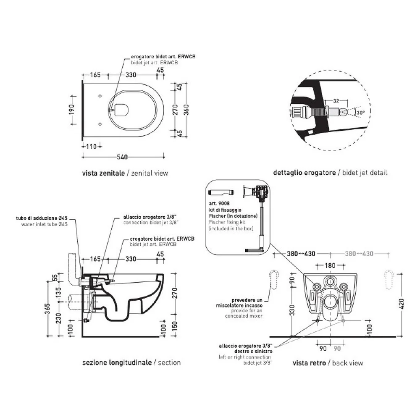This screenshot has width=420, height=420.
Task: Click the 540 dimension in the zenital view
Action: coord(122,157)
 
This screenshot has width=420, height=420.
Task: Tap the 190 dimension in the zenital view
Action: coord(72,110)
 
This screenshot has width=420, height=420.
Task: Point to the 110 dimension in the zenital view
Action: coord(91,147)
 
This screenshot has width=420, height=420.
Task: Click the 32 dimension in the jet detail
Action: coord(336,101)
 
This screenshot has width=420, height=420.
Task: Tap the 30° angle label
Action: coord(360,113)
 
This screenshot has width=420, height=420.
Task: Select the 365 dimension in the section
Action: coord(48,309)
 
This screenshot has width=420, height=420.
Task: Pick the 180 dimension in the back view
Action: coord(330,265)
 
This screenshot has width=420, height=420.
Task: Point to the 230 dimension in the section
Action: coord(59,318)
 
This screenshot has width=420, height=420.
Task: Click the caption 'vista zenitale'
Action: coord(103,173)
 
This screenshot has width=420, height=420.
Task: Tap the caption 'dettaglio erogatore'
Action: coord(304,173)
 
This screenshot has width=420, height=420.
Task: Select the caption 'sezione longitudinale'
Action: coord(117,363)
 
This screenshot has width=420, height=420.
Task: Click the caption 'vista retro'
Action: coord(309,363)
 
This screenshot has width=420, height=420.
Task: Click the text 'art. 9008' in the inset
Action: coord(219,204)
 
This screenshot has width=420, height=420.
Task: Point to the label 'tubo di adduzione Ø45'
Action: coord(42,218)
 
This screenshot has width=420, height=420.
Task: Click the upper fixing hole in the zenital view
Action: coord(100,96)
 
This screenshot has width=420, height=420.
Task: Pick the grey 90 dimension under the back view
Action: coord(337,349)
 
